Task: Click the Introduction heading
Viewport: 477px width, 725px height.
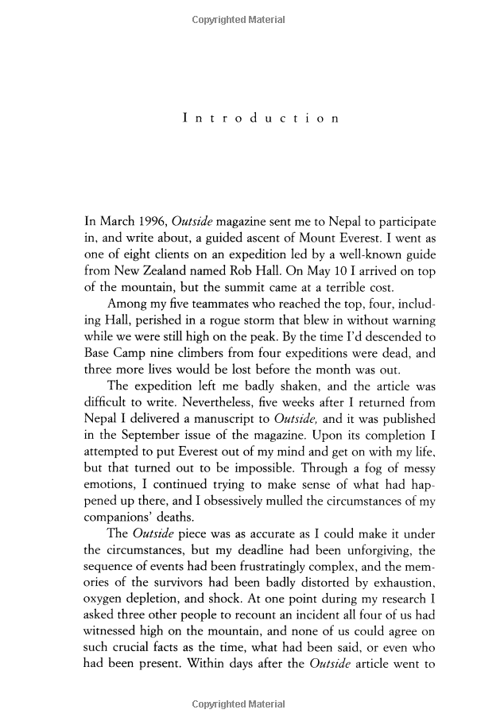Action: pos(261,118)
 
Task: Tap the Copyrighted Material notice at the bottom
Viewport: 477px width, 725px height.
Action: pos(238,704)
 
